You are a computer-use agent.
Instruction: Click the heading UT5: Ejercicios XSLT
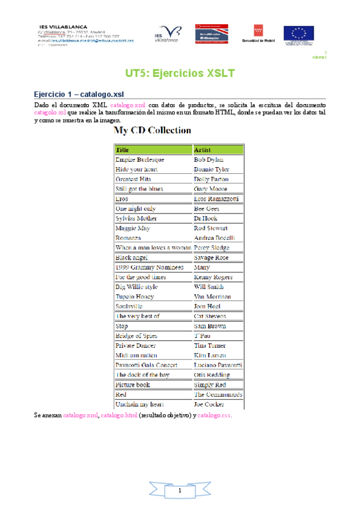[x=179, y=74]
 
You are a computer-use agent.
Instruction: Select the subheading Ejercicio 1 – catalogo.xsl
[x=79, y=94]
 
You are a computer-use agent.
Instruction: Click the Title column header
[x=123, y=149]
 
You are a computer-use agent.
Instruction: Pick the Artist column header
[x=203, y=149]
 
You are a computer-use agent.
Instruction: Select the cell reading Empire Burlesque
[x=139, y=159]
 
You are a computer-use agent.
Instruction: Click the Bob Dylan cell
[x=209, y=159]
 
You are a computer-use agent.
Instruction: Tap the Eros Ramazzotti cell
[x=216, y=198]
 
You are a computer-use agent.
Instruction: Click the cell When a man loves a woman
[x=153, y=247]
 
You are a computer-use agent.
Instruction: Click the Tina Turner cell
[x=210, y=345]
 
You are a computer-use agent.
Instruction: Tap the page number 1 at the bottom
[x=179, y=492]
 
